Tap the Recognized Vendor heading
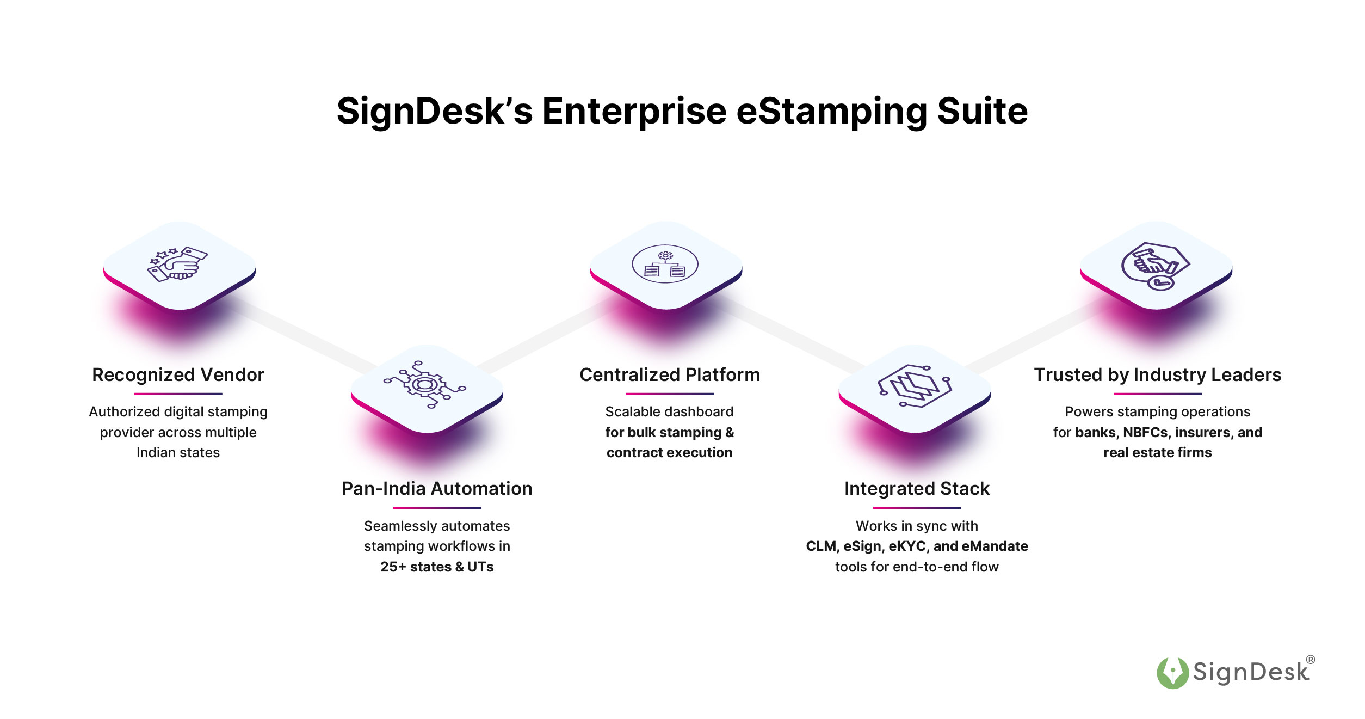[178, 375]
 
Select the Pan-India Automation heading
[437, 489]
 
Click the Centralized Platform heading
[670, 375]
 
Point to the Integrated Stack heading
[917, 489]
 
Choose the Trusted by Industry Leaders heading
[1158, 375]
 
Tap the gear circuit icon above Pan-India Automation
[425, 384]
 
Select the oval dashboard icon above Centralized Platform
[665, 264]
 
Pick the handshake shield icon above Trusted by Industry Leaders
[1155, 266]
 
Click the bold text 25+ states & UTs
[437, 567]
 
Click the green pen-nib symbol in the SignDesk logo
[1172, 673]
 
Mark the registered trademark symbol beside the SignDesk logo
[1311, 660]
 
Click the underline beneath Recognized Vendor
[178, 394]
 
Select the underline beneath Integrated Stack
[917, 508]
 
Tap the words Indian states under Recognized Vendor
[178, 453]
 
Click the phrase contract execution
[670, 453]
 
